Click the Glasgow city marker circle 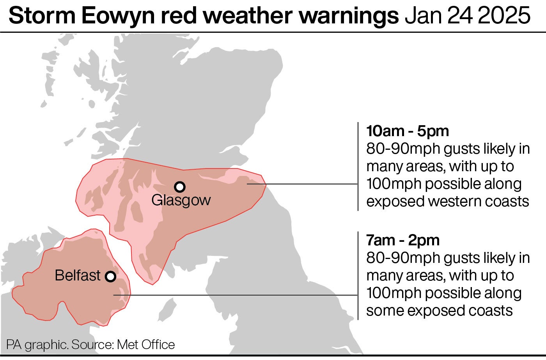[179, 187]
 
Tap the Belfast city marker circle [111, 277]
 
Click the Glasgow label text [181, 200]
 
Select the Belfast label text [78, 275]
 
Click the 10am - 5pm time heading [407, 131]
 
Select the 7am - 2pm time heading [402, 240]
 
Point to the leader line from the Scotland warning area [304, 184]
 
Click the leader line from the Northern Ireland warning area [234, 295]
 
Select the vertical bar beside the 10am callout [358, 167]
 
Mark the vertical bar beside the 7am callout [358, 275]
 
